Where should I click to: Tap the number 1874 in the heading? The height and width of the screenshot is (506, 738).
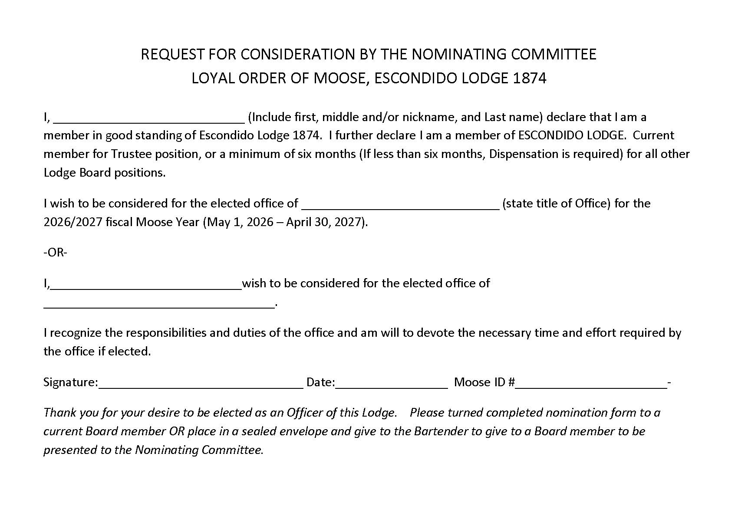point(529,78)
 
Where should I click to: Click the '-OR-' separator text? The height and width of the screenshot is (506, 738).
point(56,253)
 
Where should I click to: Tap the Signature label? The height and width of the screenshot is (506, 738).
point(70,382)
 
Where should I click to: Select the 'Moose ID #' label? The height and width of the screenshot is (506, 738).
point(484,382)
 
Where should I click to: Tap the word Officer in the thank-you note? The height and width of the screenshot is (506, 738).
point(305,412)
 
